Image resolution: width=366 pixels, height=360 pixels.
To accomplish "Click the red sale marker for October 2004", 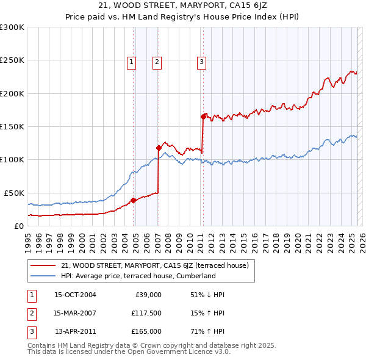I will pyautogui.click(x=133, y=200).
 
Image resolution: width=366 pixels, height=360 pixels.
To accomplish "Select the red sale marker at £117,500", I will pyautogui.click(x=159, y=148).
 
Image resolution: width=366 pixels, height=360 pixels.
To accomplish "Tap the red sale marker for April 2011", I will pyautogui.click(x=203, y=117).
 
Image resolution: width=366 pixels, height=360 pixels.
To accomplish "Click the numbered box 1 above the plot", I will pyautogui.click(x=132, y=61).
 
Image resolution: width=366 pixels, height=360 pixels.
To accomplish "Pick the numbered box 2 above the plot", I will pyautogui.click(x=157, y=61).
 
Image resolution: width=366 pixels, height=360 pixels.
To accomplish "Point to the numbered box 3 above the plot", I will pyautogui.click(x=201, y=61).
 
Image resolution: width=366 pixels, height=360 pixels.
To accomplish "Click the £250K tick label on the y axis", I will pyautogui.click(x=12, y=60).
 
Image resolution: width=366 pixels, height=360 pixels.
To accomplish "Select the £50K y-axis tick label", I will pyautogui.click(x=14, y=193).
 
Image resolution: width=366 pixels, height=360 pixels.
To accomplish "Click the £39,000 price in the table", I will pyautogui.click(x=148, y=295).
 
